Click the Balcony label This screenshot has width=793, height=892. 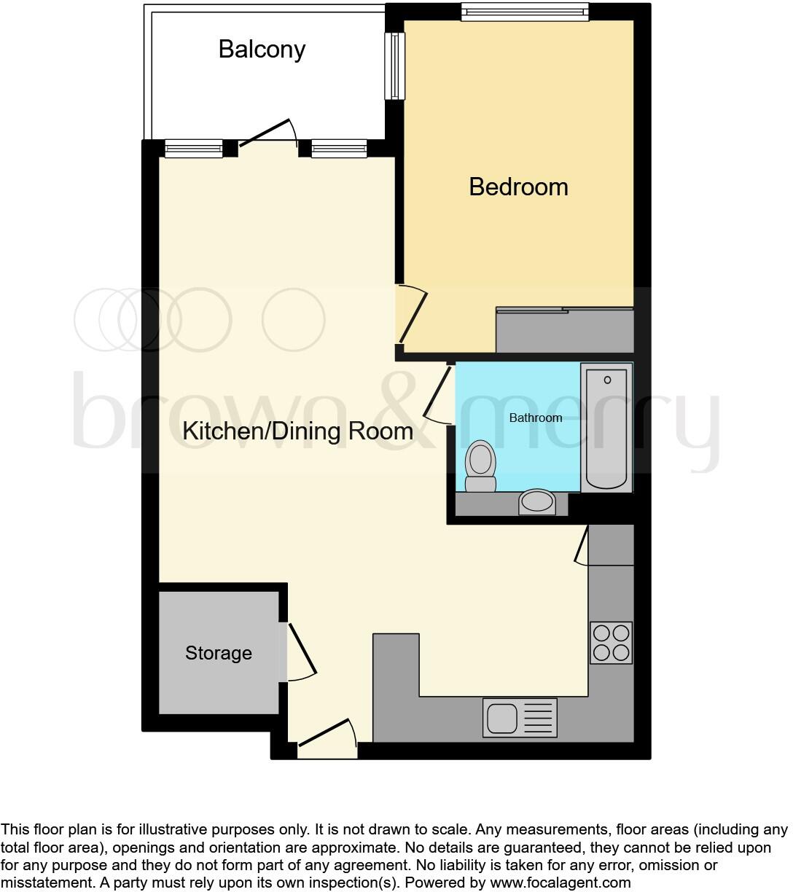262,50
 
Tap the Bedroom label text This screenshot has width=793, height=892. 518,187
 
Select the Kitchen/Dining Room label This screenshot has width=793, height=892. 297,431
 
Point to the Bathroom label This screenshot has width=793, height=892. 535,418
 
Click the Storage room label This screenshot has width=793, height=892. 218,653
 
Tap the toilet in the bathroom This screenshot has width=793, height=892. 480,466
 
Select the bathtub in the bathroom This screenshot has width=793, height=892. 606,429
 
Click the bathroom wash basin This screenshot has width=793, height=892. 537,501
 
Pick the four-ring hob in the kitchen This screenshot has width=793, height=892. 611,642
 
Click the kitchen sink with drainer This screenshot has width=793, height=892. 520,717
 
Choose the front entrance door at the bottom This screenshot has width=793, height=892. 327,733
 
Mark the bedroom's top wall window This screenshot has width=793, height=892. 524,12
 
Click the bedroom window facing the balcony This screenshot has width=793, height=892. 395,66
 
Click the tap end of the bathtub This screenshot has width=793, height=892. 607,380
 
